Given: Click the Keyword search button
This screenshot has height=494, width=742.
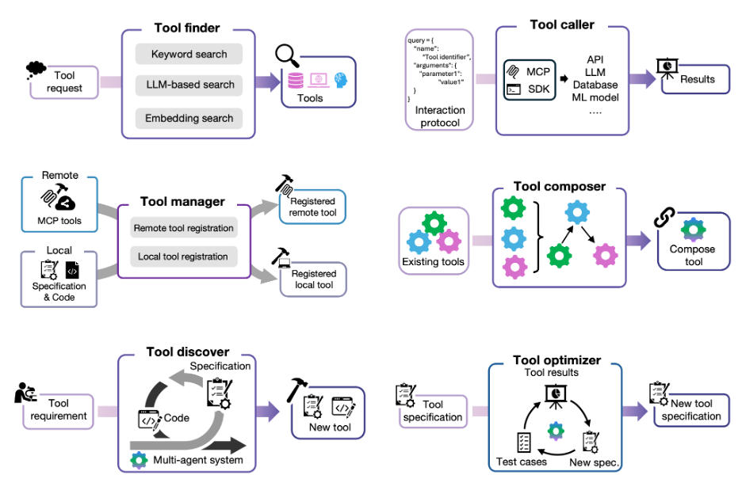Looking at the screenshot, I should tap(189, 55).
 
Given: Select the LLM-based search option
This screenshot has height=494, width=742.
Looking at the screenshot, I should tap(189, 85).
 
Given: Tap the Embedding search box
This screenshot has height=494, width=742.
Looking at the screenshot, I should tap(189, 118).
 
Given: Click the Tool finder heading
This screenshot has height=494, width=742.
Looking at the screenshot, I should tap(189, 29).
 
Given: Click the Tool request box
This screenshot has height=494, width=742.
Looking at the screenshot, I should tap(64, 82).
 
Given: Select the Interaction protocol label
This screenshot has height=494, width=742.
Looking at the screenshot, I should tap(440, 116).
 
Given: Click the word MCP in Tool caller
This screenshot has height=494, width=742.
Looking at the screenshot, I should tap(538, 72).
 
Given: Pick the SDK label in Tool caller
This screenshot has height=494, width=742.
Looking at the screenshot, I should tap(538, 89).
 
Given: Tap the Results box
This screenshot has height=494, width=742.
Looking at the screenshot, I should tap(697, 79).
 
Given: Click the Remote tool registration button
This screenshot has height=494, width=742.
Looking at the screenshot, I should tap(183, 228).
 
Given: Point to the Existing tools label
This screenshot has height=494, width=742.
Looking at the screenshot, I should tap(432, 261).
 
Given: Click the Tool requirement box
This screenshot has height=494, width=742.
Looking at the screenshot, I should tap(58, 410).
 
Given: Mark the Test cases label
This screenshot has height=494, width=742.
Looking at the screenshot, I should tap(521, 462).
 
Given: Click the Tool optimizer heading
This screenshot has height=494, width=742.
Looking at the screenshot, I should tap(556, 360).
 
